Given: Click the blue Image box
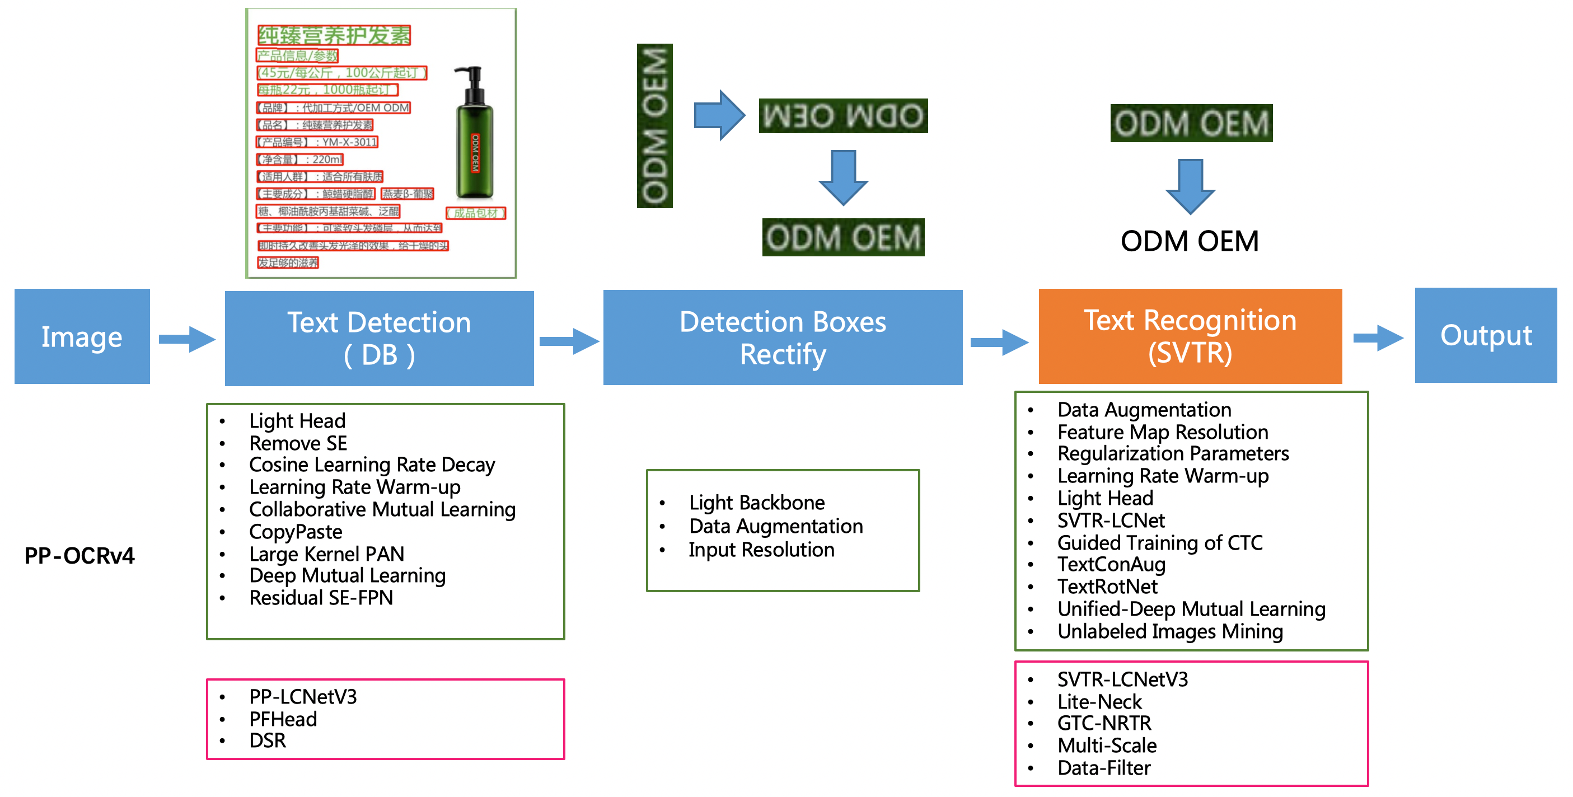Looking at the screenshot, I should [x=82, y=336].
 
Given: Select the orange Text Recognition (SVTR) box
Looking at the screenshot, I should [x=1190, y=336].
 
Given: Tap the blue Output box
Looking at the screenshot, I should [x=1485, y=335].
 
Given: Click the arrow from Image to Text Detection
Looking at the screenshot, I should [x=187, y=339].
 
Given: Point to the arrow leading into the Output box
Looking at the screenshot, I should [x=1378, y=337].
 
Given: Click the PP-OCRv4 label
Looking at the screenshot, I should [x=79, y=556].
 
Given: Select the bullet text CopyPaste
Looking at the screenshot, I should [x=296, y=532].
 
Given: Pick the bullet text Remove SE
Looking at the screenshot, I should [x=298, y=443].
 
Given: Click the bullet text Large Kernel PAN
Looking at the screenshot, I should [x=327, y=554].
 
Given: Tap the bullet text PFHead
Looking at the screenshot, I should [x=283, y=719].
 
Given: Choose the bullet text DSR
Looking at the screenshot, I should [x=268, y=741].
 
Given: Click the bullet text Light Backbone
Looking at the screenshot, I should [x=757, y=503].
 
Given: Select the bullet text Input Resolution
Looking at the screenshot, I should [x=761, y=550].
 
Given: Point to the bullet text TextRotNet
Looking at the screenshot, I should [x=1107, y=587].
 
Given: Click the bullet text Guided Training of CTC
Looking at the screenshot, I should [x=1160, y=542].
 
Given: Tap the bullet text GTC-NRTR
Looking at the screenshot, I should [x=1104, y=723].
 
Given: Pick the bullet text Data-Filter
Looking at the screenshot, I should [x=1103, y=768].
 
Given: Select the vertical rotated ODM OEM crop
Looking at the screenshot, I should [x=654, y=126].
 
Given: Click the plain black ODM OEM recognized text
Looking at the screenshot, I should [x=1189, y=241].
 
